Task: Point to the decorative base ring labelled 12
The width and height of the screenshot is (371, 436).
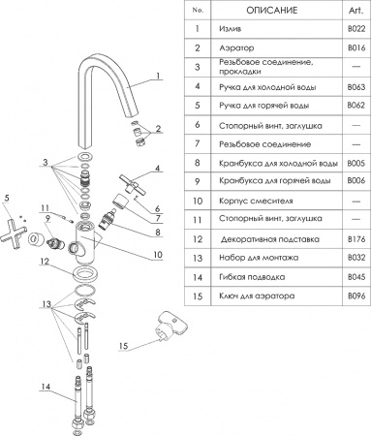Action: click(x=90, y=263)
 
